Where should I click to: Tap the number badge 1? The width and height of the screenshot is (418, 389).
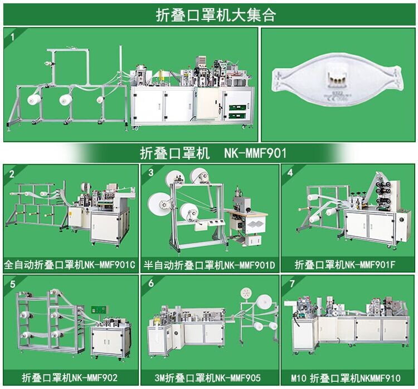coord(11,35)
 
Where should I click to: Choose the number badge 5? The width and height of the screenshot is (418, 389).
coord(11,283)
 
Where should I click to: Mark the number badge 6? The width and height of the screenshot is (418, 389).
coord(150,283)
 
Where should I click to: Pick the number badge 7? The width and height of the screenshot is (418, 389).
coord(290,283)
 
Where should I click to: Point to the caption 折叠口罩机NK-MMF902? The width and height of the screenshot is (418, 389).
coord(70,377)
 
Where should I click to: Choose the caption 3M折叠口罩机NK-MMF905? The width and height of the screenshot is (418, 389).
coord(209,377)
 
